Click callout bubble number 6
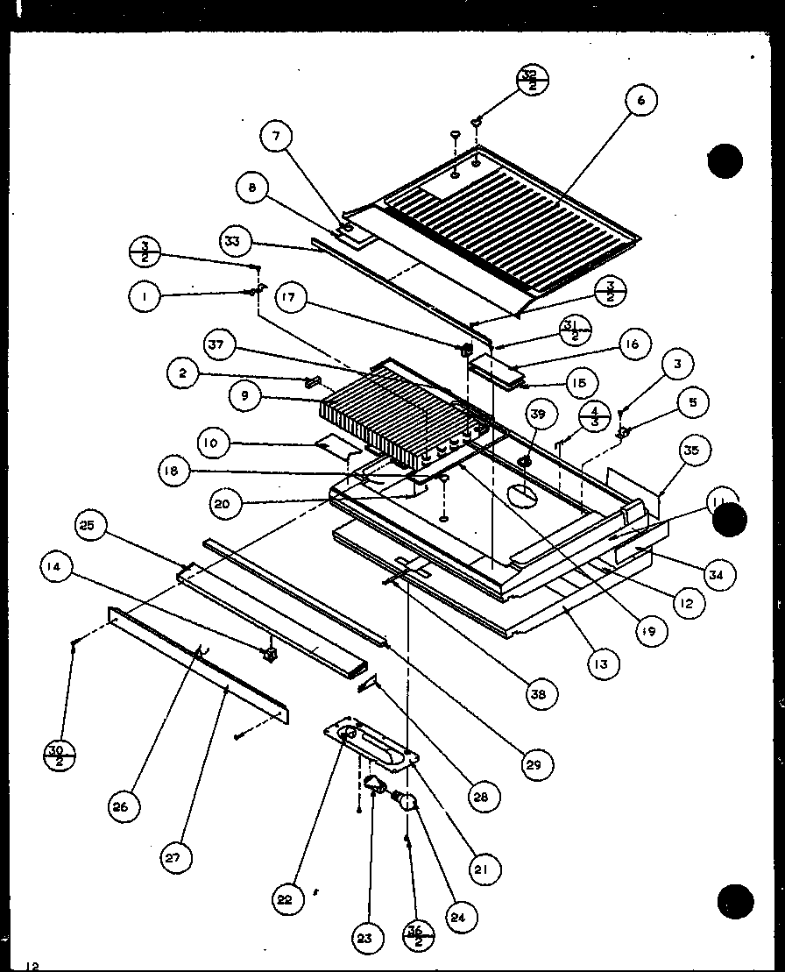[x=640, y=101]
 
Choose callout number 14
[x=56, y=566]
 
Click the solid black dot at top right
[x=725, y=161]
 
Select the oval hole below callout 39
[x=524, y=496]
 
